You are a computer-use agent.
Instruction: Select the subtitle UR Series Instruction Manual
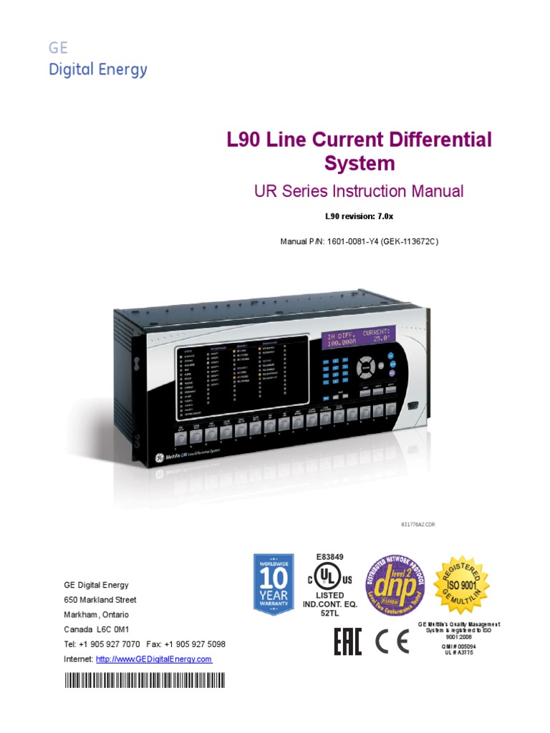point(359,191)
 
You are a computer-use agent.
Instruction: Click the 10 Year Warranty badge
point(273,583)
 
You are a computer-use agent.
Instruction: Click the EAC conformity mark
point(348,642)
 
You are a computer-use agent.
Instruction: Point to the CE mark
point(392,642)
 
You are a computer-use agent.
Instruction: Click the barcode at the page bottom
point(143,680)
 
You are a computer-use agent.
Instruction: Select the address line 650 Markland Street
point(100,600)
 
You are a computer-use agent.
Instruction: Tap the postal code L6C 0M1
point(112,629)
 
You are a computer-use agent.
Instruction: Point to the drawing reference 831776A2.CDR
point(418,525)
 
